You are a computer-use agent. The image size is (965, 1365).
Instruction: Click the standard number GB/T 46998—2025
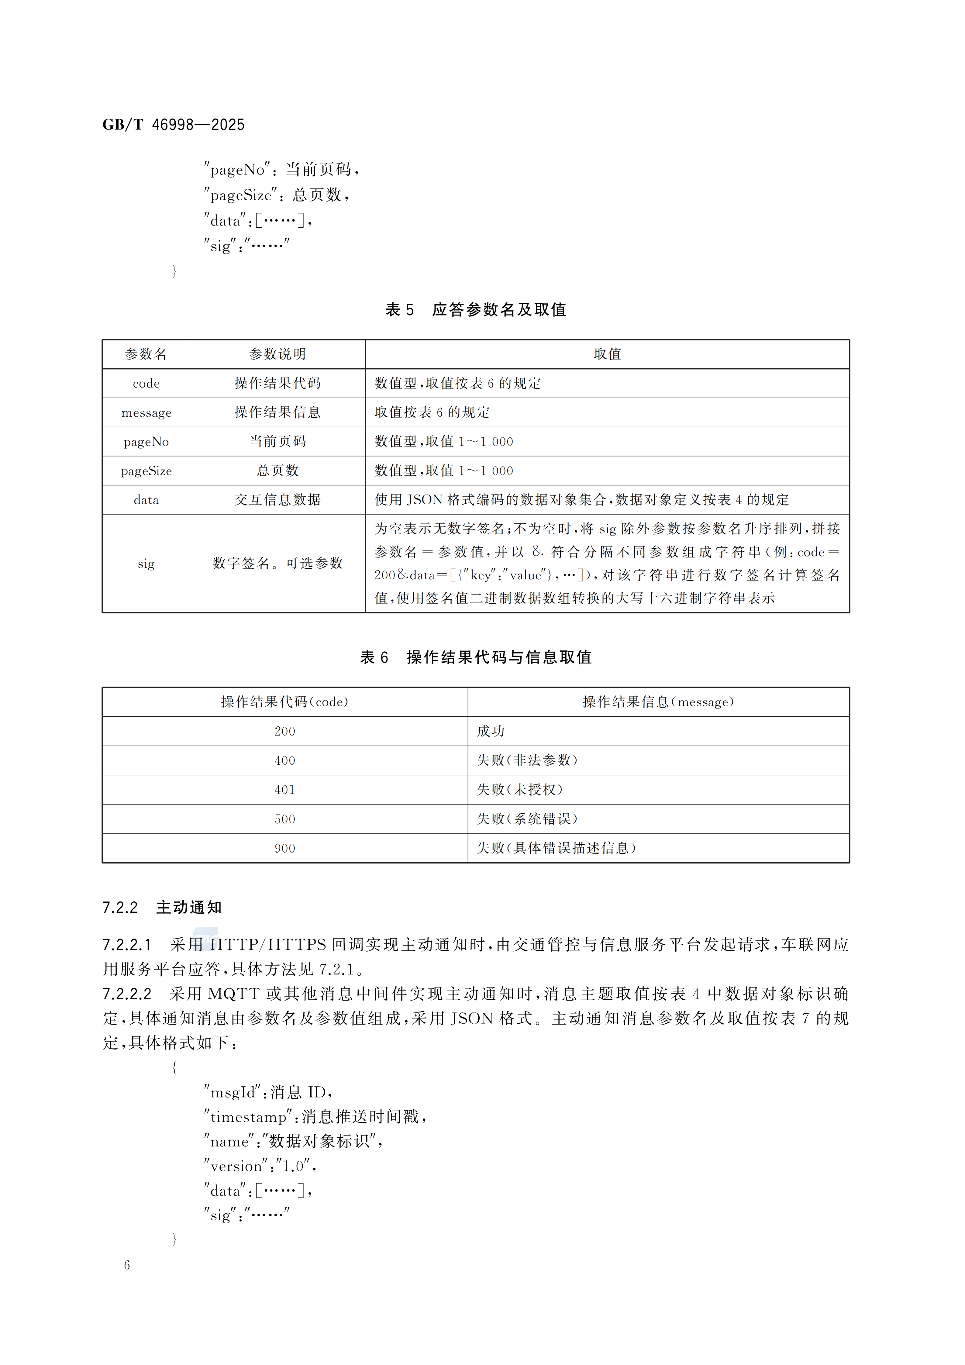(x=173, y=125)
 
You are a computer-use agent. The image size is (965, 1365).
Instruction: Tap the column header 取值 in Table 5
(x=607, y=354)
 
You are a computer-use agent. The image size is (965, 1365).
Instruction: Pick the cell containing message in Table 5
(x=146, y=412)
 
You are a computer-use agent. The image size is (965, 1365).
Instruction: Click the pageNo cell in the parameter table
(x=146, y=442)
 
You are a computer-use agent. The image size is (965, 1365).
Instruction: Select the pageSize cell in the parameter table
(x=146, y=471)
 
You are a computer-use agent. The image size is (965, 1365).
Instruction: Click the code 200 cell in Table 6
(x=285, y=731)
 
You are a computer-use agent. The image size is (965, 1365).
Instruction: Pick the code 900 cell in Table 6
(x=285, y=848)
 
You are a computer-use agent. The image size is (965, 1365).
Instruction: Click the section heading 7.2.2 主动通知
(x=162, y=908)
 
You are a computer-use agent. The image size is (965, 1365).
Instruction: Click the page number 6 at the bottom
(x=127, y=1265)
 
